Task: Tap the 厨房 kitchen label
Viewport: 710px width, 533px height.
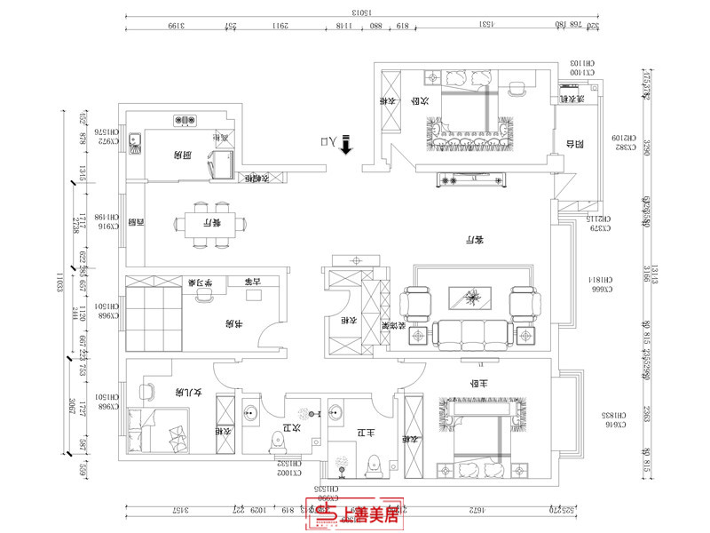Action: pos(184,155)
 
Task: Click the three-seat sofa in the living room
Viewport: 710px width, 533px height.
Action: pos(474,333)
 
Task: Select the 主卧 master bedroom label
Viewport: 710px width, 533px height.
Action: pos(480,384)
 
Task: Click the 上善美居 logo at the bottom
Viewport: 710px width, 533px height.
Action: pos(361,513)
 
